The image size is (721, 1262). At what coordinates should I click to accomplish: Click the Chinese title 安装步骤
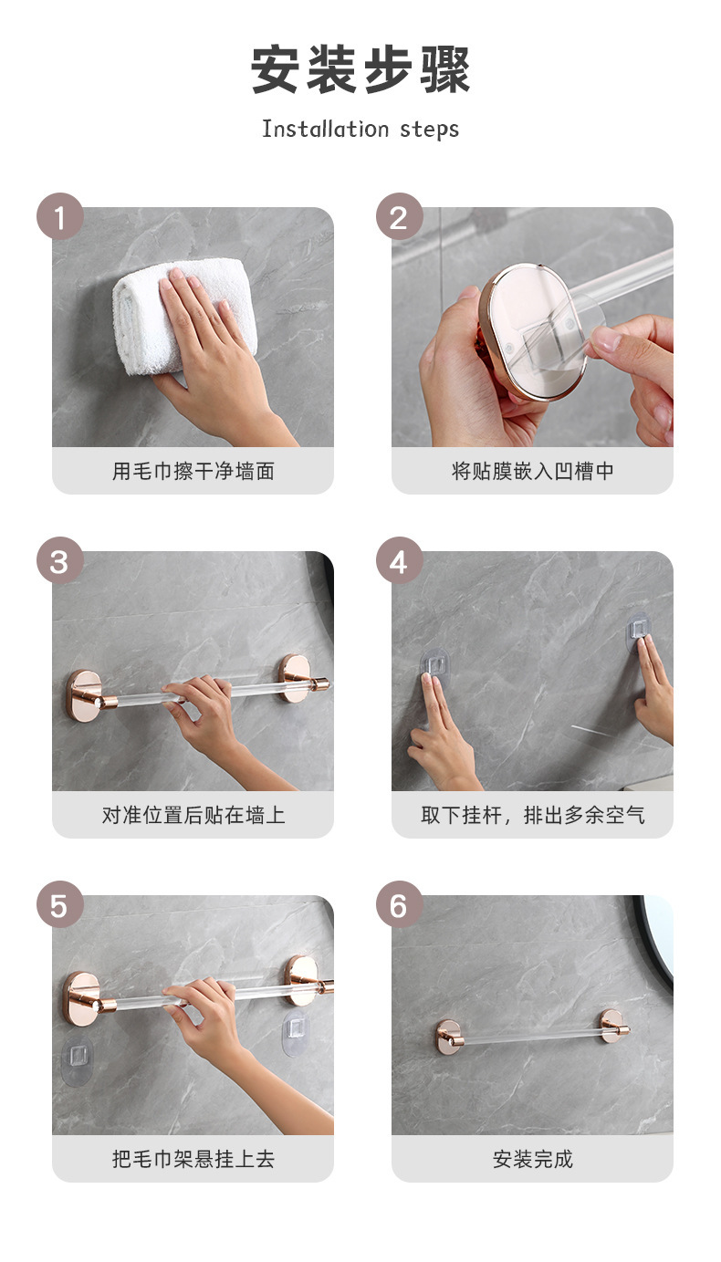360,70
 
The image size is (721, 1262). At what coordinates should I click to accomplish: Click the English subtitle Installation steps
360,129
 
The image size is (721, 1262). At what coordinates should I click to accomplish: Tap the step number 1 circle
60,217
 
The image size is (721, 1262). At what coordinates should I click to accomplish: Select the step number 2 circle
400,217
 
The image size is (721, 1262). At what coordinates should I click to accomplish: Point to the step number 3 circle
60,560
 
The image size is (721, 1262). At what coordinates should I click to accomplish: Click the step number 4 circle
400,560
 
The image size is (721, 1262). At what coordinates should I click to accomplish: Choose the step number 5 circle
60,905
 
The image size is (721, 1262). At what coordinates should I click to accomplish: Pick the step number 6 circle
400,905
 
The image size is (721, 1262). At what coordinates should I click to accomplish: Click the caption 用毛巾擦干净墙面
193,471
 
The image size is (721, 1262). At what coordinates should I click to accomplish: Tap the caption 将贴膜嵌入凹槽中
532,471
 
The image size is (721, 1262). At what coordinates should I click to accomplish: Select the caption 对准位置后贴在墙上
193,815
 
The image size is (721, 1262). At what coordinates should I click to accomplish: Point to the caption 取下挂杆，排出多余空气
532,815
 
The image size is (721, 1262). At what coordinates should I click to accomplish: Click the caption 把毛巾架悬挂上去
193,1159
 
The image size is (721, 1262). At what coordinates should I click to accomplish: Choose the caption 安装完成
532,1159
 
